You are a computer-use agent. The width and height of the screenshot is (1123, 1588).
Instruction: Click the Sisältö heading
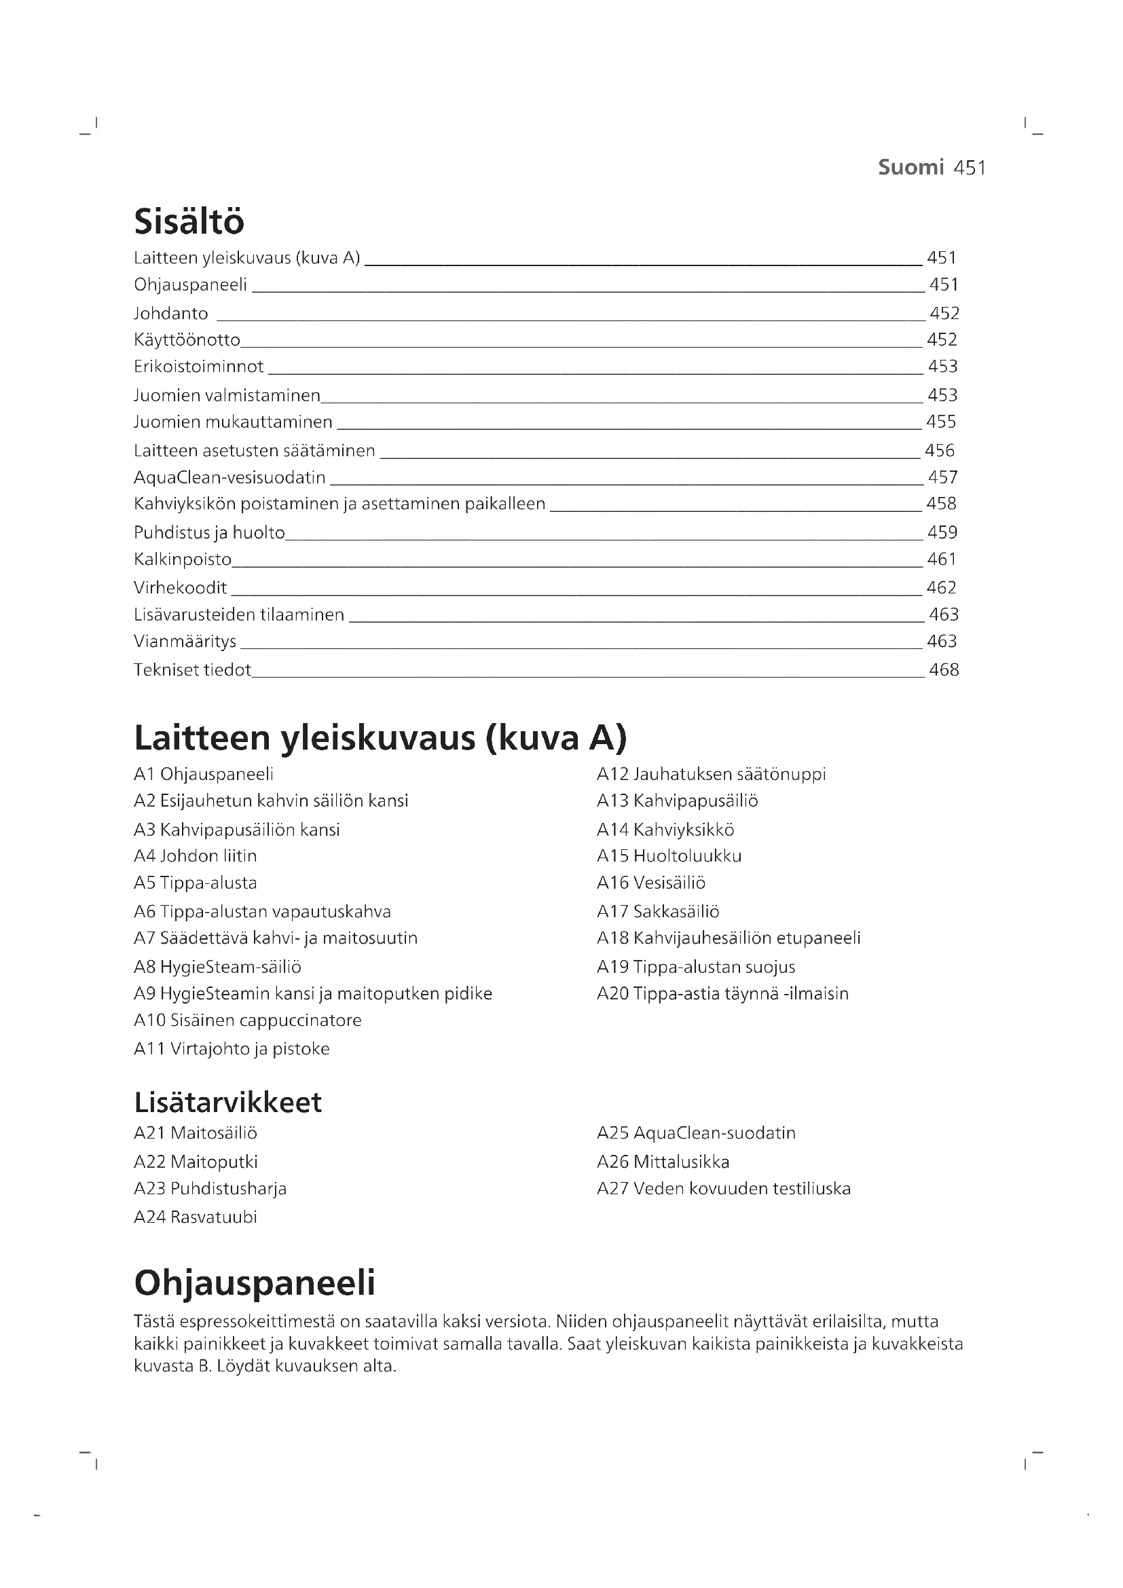tap(189, 221)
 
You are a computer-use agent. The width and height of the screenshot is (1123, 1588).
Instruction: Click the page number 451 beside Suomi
tap(970, 168)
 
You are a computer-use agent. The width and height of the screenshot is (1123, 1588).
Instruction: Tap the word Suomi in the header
tap(910, 168)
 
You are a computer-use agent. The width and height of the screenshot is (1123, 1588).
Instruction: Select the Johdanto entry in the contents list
tap(171, 313)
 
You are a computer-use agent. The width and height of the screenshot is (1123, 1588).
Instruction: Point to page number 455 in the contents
tap(941, 422)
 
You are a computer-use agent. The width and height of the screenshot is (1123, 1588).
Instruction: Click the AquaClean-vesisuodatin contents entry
tap(229, 477)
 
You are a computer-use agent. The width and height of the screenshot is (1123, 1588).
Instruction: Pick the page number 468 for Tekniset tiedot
tap(944, 669)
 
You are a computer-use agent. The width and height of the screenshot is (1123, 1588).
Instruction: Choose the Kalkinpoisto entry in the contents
tap(183, 559)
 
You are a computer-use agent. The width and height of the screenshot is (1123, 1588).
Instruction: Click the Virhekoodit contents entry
tap(181, 588)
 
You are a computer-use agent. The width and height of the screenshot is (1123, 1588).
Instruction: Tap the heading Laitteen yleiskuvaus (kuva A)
tap(380, 737)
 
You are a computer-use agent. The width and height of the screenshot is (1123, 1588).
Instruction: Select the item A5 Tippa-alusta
tap(195, 883)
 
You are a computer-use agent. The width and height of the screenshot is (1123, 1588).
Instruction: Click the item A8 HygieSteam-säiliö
tap(217, 967)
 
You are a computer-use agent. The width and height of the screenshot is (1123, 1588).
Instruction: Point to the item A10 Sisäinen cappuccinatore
tap(248, 1020)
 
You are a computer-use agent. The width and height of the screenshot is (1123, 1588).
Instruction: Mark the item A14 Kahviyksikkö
tap(665, 829)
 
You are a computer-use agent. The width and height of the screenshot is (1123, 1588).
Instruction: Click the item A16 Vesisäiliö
tap(650, 883)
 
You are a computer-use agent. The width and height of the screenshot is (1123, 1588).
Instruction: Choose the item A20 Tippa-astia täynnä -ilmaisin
tap(722, 994)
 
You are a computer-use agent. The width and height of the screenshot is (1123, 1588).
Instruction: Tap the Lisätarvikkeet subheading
tap(227, 1103)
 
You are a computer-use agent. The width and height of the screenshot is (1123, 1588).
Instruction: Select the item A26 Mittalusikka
tap(663, 1162)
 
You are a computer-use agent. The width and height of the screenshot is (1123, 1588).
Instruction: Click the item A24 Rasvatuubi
tap(195, 1217)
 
